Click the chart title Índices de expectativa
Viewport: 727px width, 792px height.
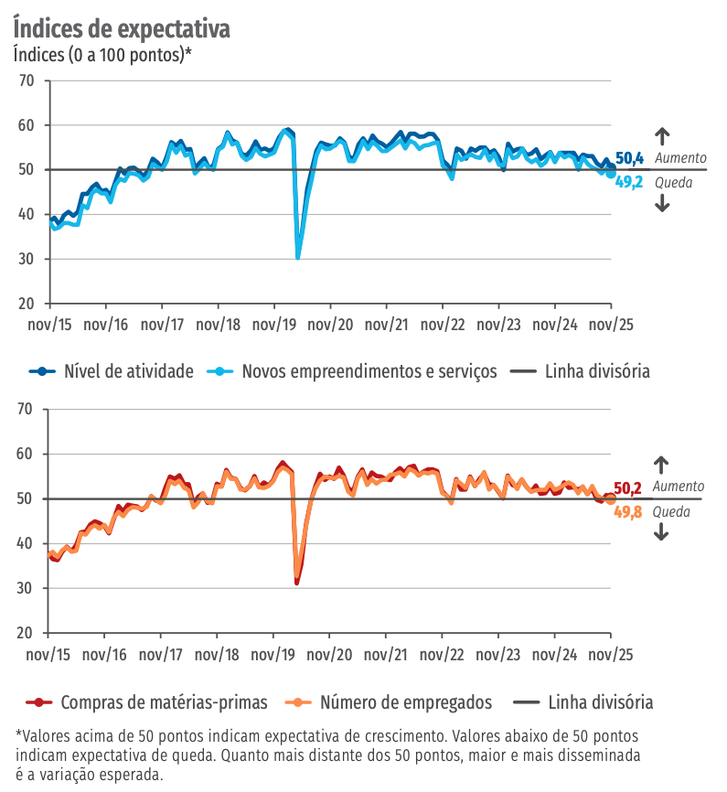pyautogui.click(x=122, y=27)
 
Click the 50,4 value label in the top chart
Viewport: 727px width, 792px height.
pyautogui.click(x=629, y=159)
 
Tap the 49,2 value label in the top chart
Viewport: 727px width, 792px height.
pyautogui.click(x=629, y=182)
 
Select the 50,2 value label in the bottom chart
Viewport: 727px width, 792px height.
pyautogui.click(x=627, y=488)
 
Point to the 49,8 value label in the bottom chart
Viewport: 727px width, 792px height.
pyautogui.click(x=627, y=512)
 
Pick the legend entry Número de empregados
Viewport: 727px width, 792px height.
pyautogui.click(x=406, y=702)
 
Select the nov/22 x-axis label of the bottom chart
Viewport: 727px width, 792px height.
pyautogui.click(x=443, y=655)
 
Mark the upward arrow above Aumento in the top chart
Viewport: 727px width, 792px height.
pyautogui.click(x=663, y=134)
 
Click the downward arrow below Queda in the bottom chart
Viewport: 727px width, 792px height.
pyautogui.click(x=662, y=533)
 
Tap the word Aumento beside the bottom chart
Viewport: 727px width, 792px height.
pyautogui.click(x=679, y=487)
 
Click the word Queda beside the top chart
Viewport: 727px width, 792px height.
pyautogui.click(x=674, y=182)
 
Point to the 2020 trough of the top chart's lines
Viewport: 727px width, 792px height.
pyautogui.click(x=298, y=257)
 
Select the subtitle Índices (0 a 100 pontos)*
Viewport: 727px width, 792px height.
pyautogui.click(x=102, y=54)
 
